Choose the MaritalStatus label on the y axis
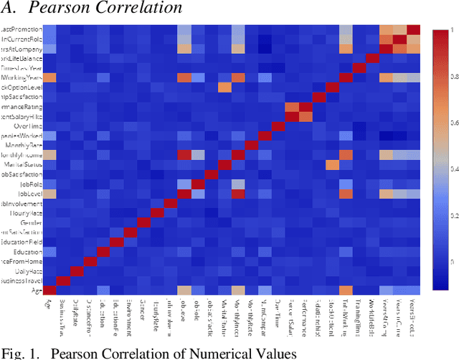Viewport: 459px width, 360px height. pos(24,164)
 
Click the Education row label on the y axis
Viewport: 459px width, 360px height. pos(27,252)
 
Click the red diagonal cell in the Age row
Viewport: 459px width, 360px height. pos(50,290)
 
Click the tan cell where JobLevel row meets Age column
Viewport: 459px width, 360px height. pos(50,194)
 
